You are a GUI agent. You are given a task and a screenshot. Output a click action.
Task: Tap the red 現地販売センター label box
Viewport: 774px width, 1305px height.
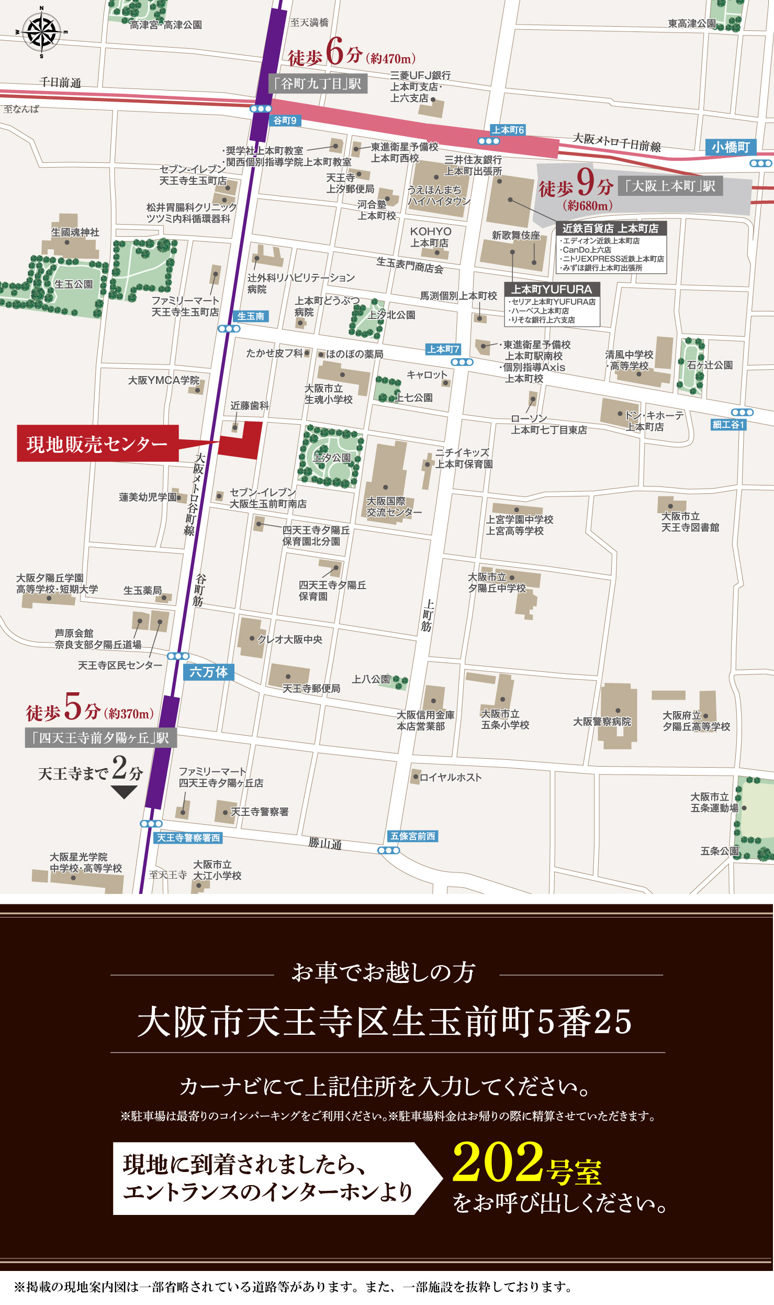(x=97, y=444)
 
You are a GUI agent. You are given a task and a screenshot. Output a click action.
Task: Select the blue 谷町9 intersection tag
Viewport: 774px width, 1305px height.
(x=285, y=120)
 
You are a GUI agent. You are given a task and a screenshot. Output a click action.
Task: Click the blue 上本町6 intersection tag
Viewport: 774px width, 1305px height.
(x=508, y=130)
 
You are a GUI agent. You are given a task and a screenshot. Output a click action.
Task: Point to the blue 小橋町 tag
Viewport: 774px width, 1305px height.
(x=730, y=147)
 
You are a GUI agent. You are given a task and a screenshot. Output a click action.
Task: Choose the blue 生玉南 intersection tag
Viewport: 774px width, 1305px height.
(x=251, y=316)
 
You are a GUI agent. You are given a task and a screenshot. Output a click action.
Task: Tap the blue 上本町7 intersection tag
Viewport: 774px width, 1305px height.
(x=443, y=349)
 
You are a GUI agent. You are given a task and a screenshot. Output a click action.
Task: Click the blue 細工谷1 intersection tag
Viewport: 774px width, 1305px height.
(x=728, y=425)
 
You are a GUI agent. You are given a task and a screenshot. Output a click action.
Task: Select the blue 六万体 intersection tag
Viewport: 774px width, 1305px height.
(x=208, y=672)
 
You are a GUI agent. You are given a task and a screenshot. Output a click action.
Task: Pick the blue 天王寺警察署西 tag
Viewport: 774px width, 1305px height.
(x=188, y=838)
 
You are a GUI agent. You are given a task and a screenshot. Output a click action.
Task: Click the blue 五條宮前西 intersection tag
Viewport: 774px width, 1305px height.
(x=413, y=836)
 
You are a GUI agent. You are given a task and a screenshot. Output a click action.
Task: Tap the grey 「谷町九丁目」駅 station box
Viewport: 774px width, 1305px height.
(x=318, y=84)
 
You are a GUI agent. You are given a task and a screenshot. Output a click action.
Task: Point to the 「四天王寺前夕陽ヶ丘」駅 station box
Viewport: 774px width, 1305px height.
(x=101, y=738)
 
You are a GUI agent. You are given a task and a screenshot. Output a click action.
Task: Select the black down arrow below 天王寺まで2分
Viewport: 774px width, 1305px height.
(x=124, y=792)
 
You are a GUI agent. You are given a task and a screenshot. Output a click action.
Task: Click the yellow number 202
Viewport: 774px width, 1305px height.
(x=498, y=1162)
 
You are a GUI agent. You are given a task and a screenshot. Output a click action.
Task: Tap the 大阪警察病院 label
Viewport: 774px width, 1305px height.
(x=602, y=722)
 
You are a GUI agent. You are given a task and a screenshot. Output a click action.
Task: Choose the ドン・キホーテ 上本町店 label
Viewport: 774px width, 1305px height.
(x=654, y=421)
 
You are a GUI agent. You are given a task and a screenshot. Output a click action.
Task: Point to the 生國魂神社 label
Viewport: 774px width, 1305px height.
(x=75, y=232)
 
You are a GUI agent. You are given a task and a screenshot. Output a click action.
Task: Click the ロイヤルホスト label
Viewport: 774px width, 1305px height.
(x=450, y=777)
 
